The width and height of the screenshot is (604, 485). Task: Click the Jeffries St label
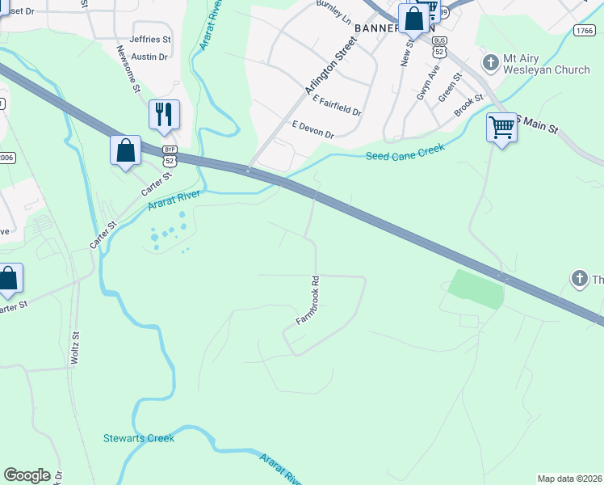151,39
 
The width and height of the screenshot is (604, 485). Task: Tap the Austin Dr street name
149,57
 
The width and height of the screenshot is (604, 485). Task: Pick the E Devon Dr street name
312,129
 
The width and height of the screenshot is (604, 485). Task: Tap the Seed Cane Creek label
405,152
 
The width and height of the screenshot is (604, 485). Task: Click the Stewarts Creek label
138,438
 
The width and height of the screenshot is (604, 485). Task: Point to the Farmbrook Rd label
308,302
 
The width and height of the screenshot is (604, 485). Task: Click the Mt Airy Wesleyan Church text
547,65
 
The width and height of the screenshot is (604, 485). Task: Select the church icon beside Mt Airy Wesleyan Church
489,62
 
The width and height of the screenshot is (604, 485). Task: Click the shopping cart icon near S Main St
501,127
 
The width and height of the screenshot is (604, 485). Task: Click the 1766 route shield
585,31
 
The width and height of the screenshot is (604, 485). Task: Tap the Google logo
27,475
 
